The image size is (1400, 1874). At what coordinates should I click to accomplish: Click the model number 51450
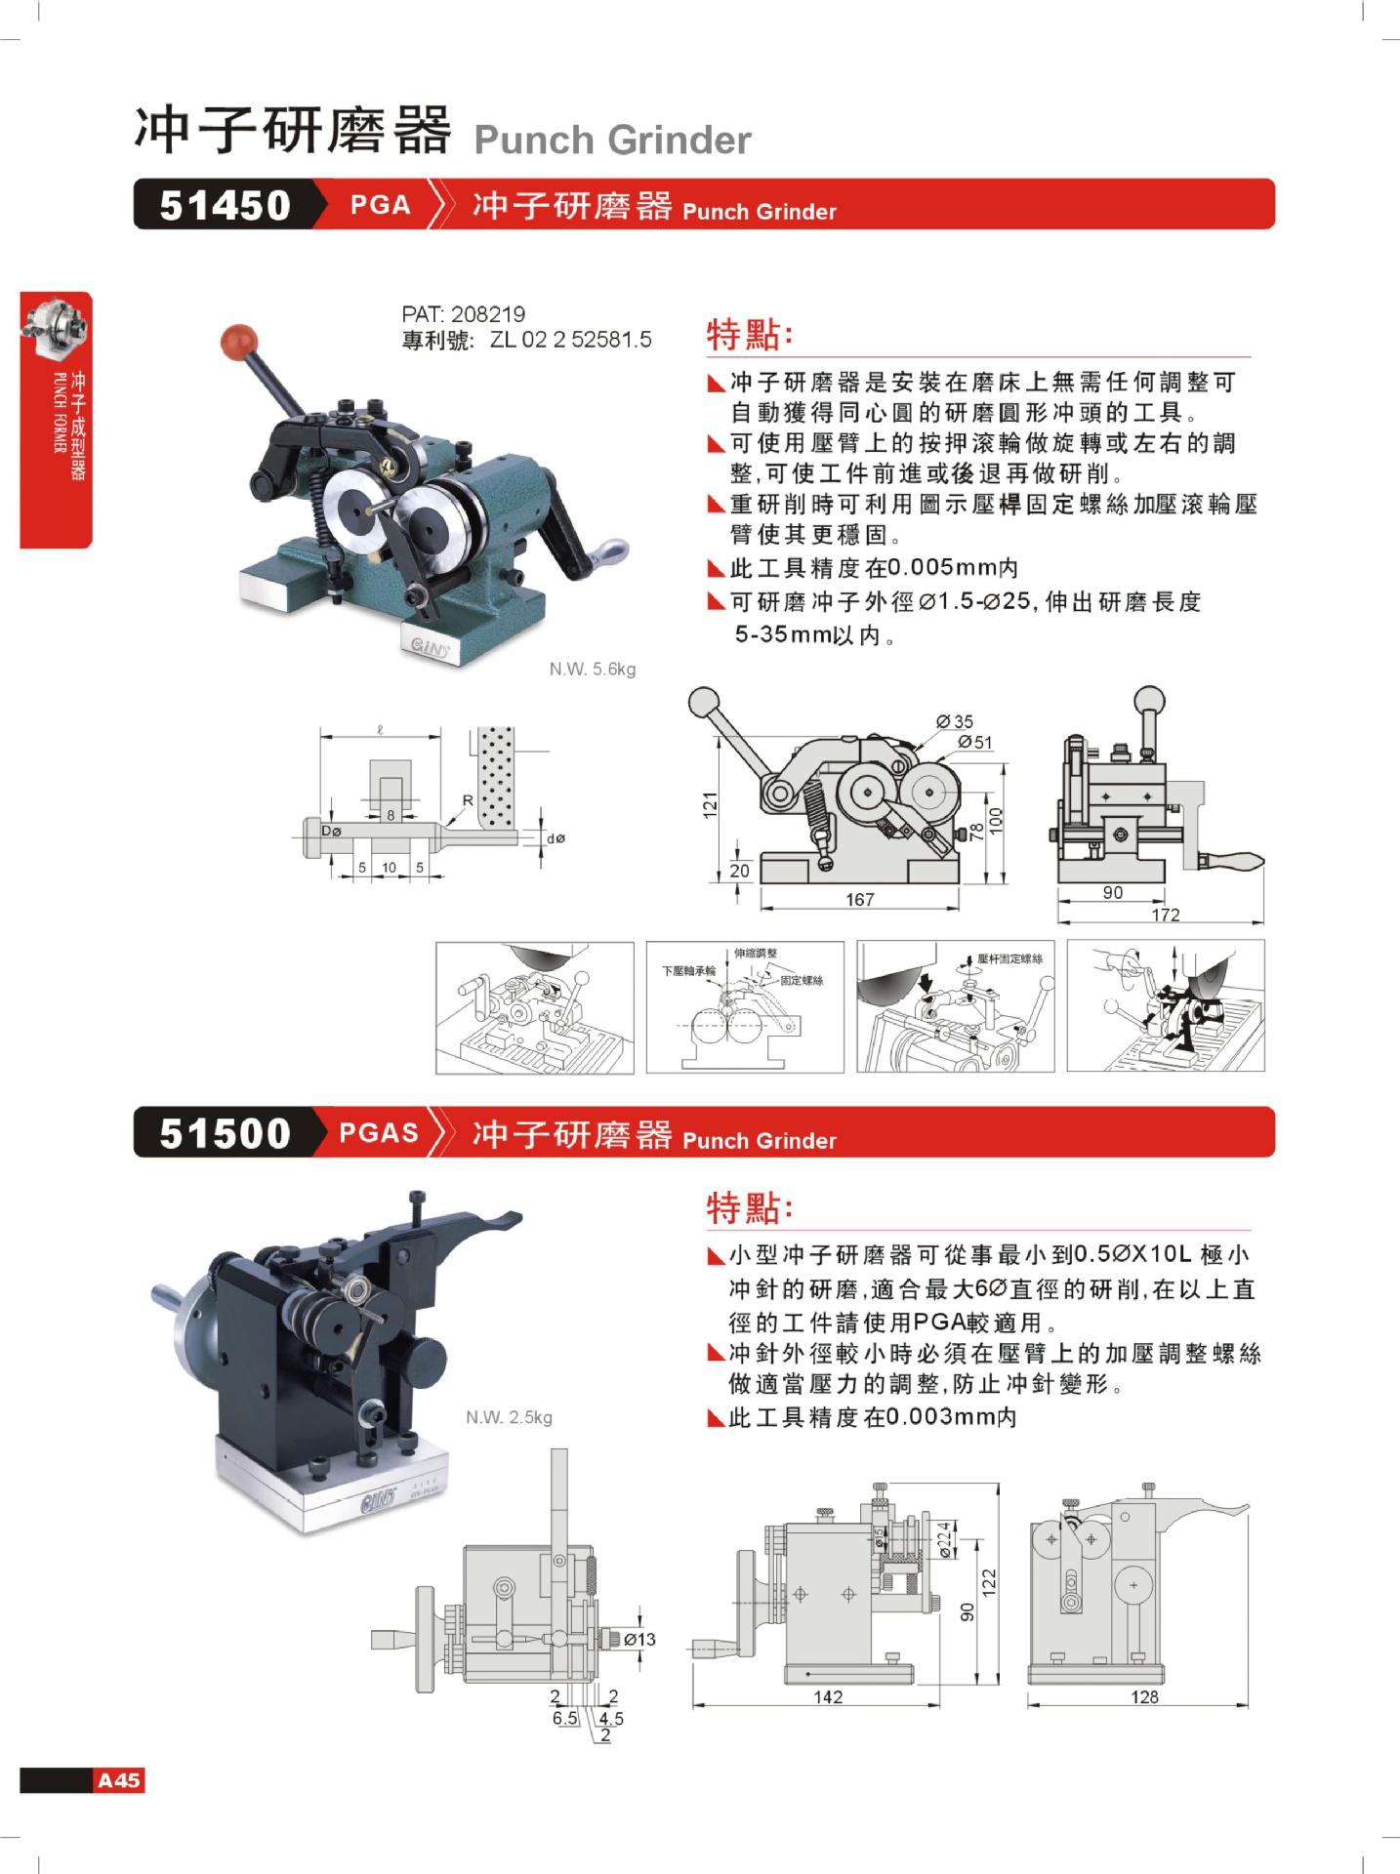[226, 205]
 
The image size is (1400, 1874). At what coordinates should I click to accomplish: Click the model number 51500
[226, 1133]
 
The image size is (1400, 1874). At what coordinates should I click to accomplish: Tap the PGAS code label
[379, 1133]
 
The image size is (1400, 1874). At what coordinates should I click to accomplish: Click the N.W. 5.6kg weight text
[592, 670]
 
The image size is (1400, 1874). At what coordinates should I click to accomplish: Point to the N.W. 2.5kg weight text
[509, 1417]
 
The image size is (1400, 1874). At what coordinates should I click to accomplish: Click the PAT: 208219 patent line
[463, 314]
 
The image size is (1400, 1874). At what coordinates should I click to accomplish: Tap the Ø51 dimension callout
[975, 743]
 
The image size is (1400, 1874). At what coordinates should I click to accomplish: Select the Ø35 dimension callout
[955, 721]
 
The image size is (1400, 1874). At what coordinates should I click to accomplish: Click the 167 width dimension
[860, 899]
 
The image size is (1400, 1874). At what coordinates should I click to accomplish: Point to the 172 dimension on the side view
[1166, 915]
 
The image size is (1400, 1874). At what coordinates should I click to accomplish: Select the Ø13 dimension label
[639, 1640]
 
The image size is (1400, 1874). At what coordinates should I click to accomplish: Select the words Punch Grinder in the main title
[612, 141]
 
